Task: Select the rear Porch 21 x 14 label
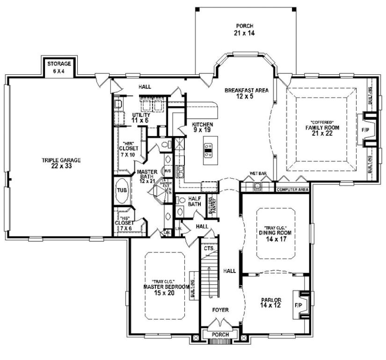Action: [245, 29]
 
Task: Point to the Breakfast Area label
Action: [246, 94]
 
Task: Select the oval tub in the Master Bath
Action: [121, 191]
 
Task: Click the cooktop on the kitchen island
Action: [208, 150]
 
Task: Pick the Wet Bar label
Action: [258, 173]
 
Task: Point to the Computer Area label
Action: [292, 190]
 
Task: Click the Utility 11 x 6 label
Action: [140, 117]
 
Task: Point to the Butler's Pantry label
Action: [212, 206]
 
